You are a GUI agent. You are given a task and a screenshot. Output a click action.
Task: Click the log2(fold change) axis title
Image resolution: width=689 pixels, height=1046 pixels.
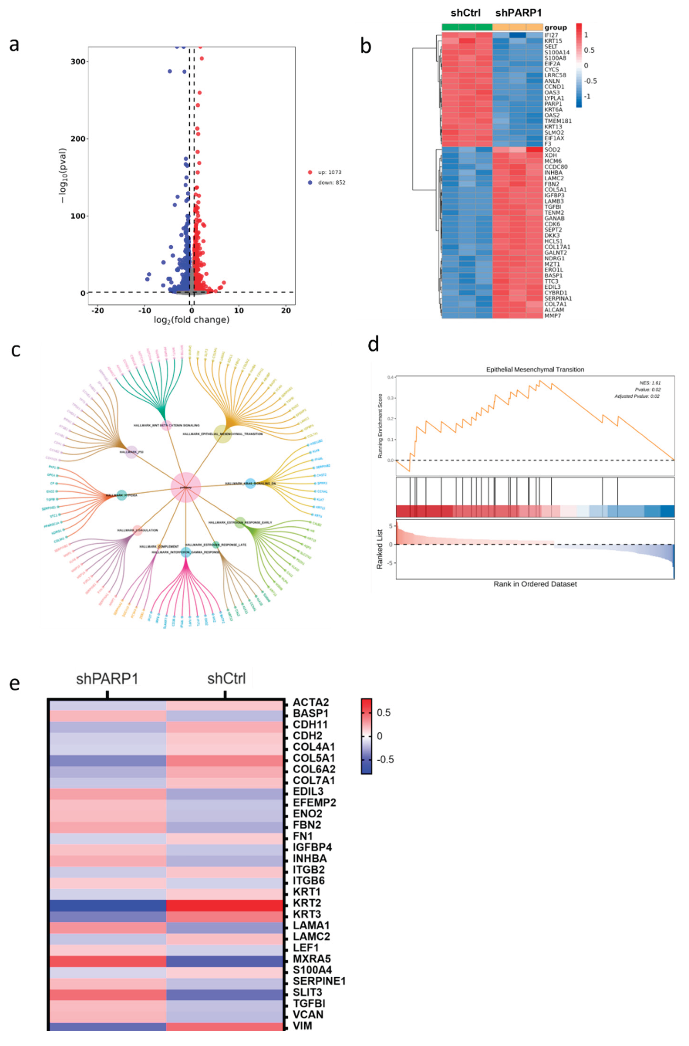[x=192, y=320]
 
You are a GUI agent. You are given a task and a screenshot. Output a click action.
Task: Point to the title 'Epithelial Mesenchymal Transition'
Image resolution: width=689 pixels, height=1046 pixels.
[x=535, y=369]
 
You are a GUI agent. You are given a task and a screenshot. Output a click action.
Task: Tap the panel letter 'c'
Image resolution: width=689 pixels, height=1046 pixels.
[x=16, y=350]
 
